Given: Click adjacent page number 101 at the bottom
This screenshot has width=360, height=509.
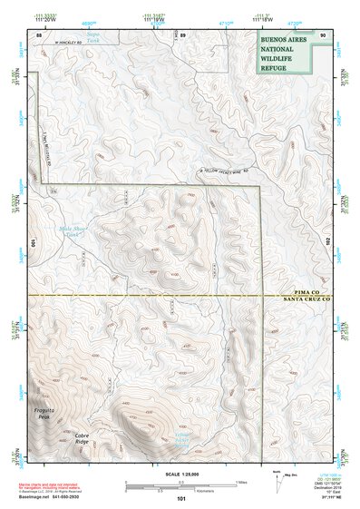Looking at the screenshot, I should tap(181, 498).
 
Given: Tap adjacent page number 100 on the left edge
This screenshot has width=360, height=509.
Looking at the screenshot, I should tap(31, 243).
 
